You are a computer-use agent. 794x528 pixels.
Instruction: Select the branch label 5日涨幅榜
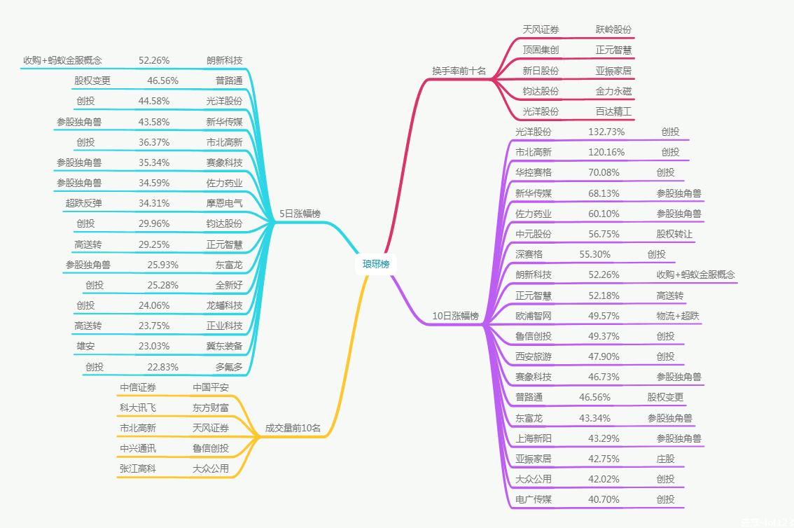pos(300,214)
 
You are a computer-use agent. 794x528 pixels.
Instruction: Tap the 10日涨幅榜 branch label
pos(455,316)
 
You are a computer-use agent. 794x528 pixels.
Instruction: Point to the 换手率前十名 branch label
pos(459,71)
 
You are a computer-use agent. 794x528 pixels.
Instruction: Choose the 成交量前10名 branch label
pos(293,428)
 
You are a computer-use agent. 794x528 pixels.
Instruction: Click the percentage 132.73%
pos(606,132)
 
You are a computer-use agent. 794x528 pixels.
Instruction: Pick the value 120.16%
pos(606,152)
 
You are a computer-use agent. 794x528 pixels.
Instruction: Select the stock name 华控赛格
pos(533,172)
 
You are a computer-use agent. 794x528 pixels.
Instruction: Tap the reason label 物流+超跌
pos(678,316)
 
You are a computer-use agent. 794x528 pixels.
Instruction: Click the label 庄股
pos(665,459)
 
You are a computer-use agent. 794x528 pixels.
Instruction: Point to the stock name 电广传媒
pos(533,499)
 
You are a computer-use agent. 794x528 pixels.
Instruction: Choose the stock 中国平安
pos(211,387)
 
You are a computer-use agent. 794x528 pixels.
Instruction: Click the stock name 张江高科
pos(138,468)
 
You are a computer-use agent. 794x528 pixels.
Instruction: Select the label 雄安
pos(85,346)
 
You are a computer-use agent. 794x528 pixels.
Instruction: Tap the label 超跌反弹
pos(83,203)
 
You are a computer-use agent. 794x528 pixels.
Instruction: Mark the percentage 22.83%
pos(162,367)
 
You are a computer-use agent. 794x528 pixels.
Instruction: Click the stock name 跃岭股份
pos(613,29)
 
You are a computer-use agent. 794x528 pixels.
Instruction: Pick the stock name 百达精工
pos(613,111)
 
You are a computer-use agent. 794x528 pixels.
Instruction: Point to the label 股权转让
pos(674,234)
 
